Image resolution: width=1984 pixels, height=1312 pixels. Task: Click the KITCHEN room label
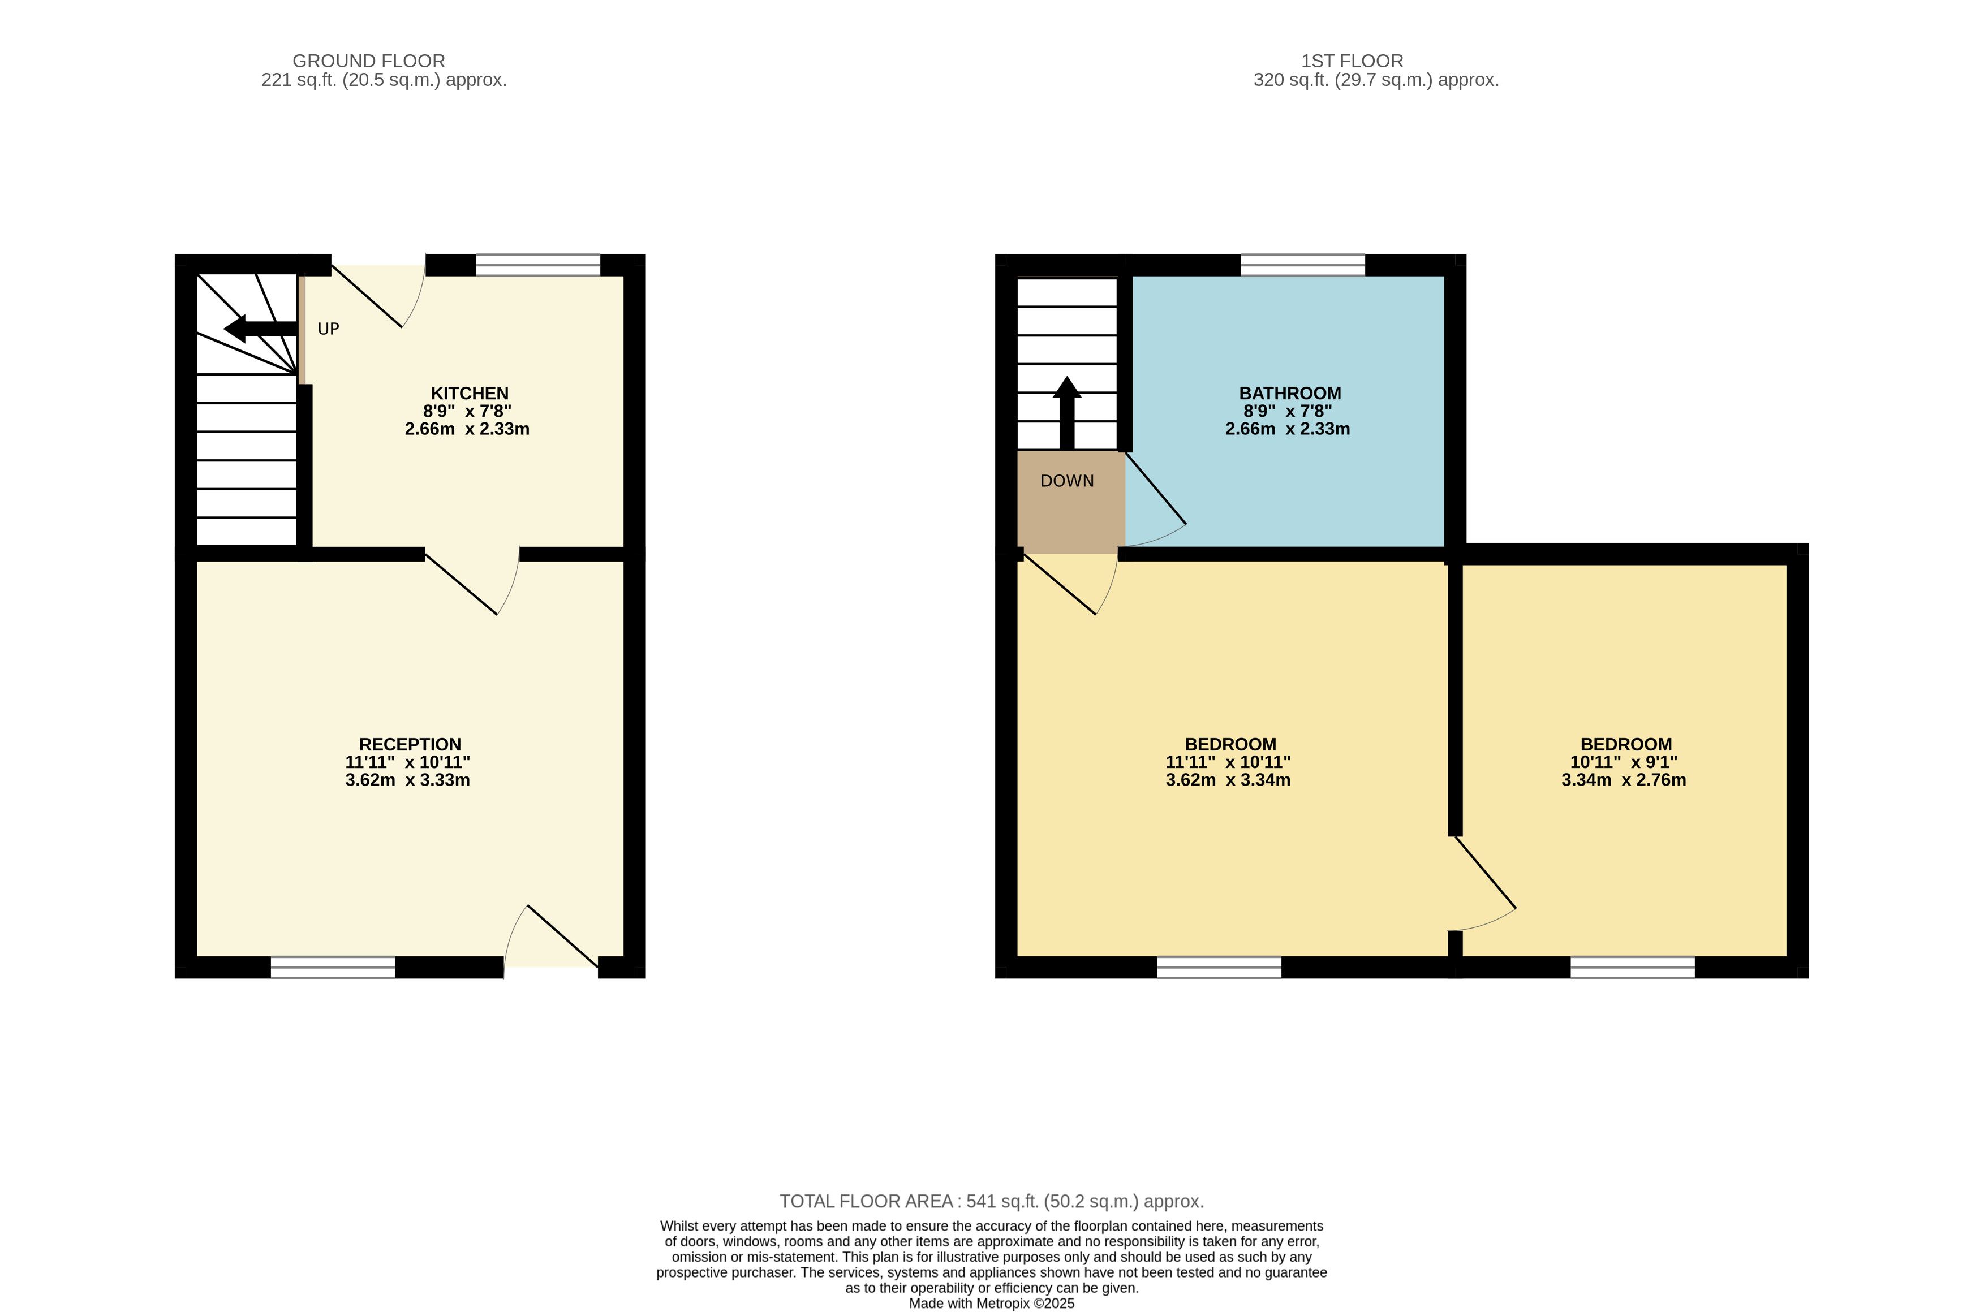point(470,393)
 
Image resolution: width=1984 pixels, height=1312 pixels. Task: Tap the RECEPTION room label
point(410,745)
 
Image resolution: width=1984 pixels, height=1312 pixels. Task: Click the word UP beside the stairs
point(329,329)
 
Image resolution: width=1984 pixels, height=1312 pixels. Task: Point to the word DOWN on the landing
point(1067,481)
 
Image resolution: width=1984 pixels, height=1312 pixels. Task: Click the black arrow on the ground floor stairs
point(261,329)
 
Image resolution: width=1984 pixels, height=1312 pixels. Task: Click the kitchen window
point(538,265)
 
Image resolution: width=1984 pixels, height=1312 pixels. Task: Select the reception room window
point(333,967)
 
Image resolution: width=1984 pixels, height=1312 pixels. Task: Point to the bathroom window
point(1303,265)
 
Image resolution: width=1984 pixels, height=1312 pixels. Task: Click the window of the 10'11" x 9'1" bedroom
point(1633,967)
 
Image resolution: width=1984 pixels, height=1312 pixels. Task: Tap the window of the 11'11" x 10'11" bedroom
point(1219,967)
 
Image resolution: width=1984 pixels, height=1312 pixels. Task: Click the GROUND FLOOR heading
point(369,61)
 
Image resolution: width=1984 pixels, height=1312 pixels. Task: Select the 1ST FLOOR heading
point(1352,61)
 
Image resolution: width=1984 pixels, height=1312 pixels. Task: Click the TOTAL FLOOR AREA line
point(992,1202)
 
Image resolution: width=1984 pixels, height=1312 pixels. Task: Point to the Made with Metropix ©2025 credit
point(992,1304)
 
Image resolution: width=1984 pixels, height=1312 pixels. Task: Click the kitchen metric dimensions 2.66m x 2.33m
point(467,429)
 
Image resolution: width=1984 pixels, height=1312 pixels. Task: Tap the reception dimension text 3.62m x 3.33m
point(407,780)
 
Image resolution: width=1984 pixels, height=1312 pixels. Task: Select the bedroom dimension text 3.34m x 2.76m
point(1623,780)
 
